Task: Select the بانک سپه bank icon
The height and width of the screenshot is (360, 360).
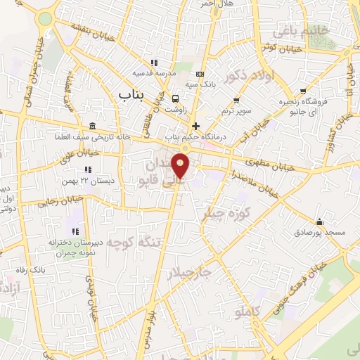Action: [200, 74]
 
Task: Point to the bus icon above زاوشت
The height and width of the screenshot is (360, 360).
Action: [175, 98]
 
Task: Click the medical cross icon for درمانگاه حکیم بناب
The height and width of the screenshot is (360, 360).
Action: [195, 126]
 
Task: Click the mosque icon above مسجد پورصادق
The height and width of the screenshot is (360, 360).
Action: [319, 221]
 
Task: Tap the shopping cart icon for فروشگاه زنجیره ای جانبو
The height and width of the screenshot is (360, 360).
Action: [303, 91]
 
